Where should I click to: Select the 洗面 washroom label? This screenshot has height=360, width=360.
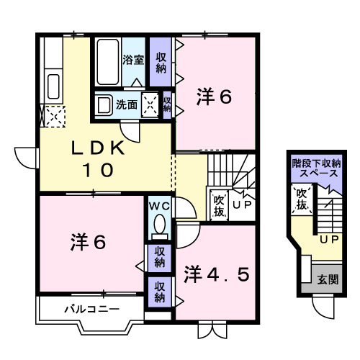coord(128,104)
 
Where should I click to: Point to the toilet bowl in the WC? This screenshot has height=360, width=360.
coord(159,227)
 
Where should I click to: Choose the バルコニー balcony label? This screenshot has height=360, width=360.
coord(87,310)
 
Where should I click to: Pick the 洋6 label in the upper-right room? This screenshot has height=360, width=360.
coord(214,97)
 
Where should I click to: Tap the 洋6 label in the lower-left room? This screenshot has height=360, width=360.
coord(87,243)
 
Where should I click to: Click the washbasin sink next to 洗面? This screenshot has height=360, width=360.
coord(104,104)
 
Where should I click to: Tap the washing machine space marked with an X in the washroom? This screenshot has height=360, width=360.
coord(150,104)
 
